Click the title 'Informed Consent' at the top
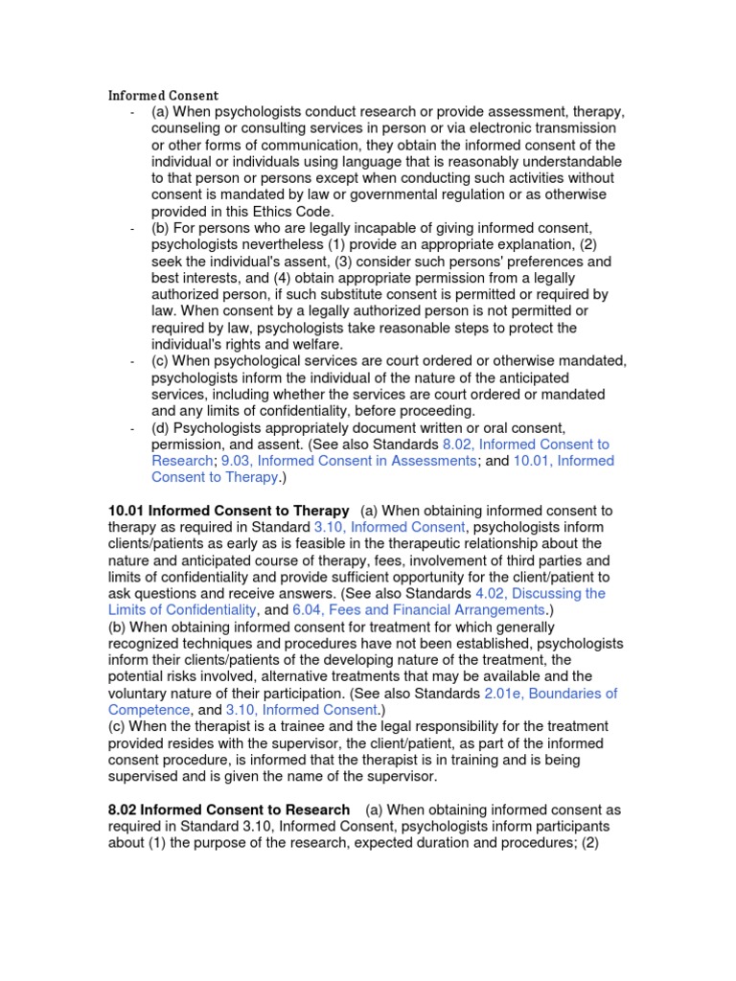point(163,96)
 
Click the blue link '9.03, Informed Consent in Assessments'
point(349,461)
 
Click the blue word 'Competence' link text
point(149,710)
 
